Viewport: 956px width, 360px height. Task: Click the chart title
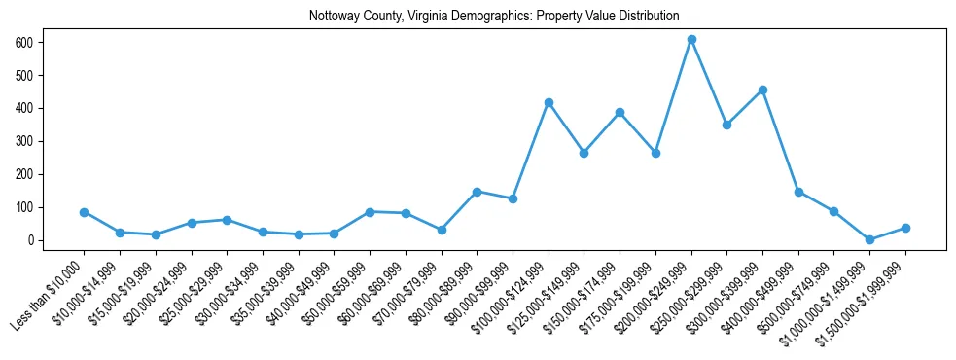tap(494, 17)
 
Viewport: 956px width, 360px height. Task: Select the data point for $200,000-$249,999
tap(691, 40)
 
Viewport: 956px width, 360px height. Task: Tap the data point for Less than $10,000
tap(85, 212)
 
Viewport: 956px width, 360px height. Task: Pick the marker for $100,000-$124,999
tap(549, 102)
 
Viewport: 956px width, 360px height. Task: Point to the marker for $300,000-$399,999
tap(762, 90)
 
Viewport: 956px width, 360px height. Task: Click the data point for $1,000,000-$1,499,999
tap(869, 239)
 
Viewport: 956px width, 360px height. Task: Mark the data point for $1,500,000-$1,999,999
tap(905, 228)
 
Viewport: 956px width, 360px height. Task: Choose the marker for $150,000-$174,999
tap(620, 112)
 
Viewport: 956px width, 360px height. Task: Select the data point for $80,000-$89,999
tap(477, 192)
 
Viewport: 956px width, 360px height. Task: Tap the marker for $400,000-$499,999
tap(798, 192)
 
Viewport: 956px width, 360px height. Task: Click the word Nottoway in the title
tap(333, 17)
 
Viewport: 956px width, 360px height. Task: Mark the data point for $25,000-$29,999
tap(227, 220)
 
